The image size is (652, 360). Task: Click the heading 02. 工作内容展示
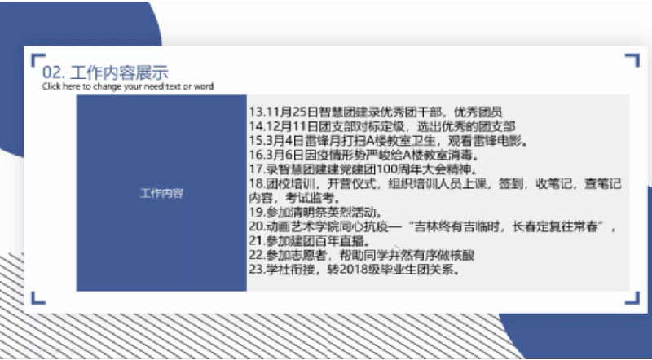coord(105,72)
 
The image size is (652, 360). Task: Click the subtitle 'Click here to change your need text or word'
coord(128,86)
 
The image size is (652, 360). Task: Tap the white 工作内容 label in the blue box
coord(161,193)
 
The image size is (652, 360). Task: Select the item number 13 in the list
coord(255,112)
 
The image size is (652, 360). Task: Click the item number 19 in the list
coord(255,212)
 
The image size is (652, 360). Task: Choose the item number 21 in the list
coord(255,241)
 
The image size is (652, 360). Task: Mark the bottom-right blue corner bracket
coord(634,303)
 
